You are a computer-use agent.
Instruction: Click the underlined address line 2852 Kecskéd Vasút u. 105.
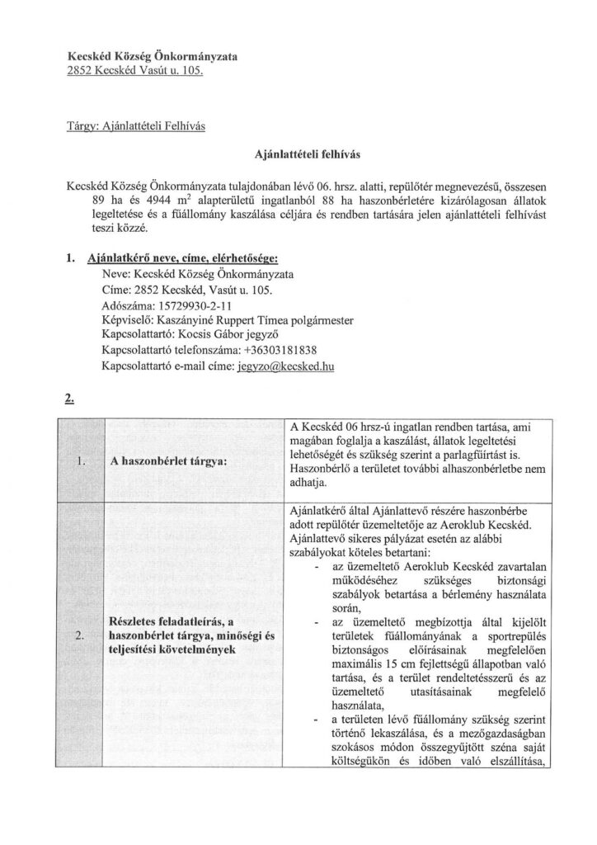[x=134, y=72]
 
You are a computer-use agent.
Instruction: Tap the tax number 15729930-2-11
[x=190, y=304]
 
